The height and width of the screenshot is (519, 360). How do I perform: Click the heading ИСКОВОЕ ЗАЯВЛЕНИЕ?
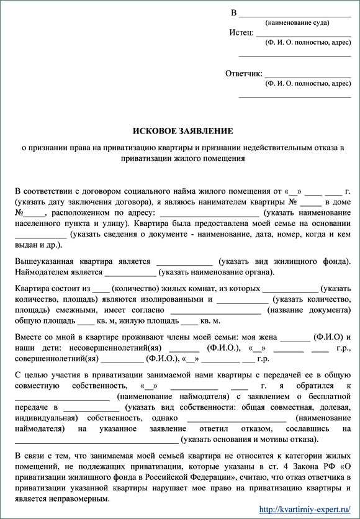[183, 131]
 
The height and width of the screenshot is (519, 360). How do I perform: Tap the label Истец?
[241, 32]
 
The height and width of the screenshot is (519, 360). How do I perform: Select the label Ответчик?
[243, 73]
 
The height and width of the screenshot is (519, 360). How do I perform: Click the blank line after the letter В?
[295, 13]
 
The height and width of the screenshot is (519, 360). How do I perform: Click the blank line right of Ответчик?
[308, 74]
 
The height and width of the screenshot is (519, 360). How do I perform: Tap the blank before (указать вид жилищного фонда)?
[184, 261]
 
